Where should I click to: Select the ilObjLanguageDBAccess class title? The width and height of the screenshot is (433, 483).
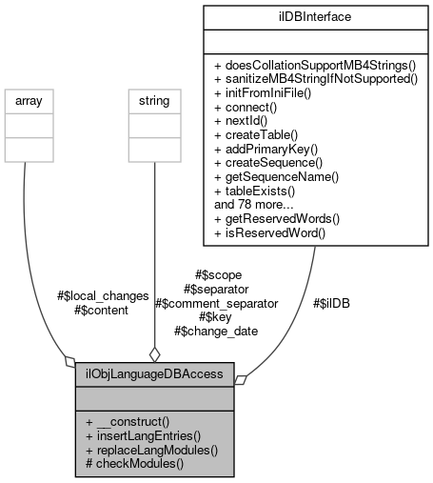click(154, 374)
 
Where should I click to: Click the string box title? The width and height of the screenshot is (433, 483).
click(148, 98)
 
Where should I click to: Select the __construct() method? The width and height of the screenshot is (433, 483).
click(127, 420)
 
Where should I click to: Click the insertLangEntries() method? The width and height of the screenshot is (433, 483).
click(144, 434)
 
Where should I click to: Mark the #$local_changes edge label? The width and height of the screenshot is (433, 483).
click(104, 295)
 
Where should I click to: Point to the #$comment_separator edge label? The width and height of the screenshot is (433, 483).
click(216, 303)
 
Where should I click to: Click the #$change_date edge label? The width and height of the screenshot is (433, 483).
click(216, 331)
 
